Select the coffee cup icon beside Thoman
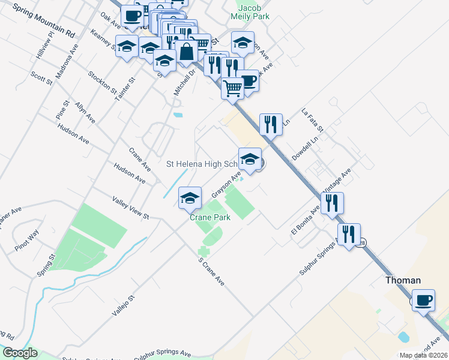point(424,299)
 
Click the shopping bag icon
point(186,53)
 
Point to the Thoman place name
point(402,280)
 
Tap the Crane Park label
point(210,217)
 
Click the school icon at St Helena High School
point(250,160)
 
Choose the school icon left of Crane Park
point(190,197)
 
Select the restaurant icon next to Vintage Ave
point(332,203)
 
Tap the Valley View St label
point(130,206)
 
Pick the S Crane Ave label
point(211,272)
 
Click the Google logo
point(19,353)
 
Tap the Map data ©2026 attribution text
point(423,355)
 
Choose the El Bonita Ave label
point(306,222)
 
